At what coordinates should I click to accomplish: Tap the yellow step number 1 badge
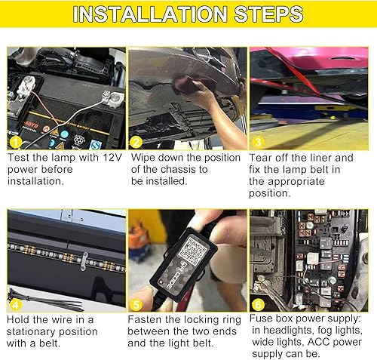click(14, 142)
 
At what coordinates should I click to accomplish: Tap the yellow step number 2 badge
click(136, 142)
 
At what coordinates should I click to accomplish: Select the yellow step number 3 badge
click(258, 142)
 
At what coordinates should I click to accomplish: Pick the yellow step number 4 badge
click(14, 304)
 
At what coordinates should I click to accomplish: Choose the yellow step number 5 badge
click(136, 304)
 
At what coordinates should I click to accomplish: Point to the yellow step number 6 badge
click(258, 304)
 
